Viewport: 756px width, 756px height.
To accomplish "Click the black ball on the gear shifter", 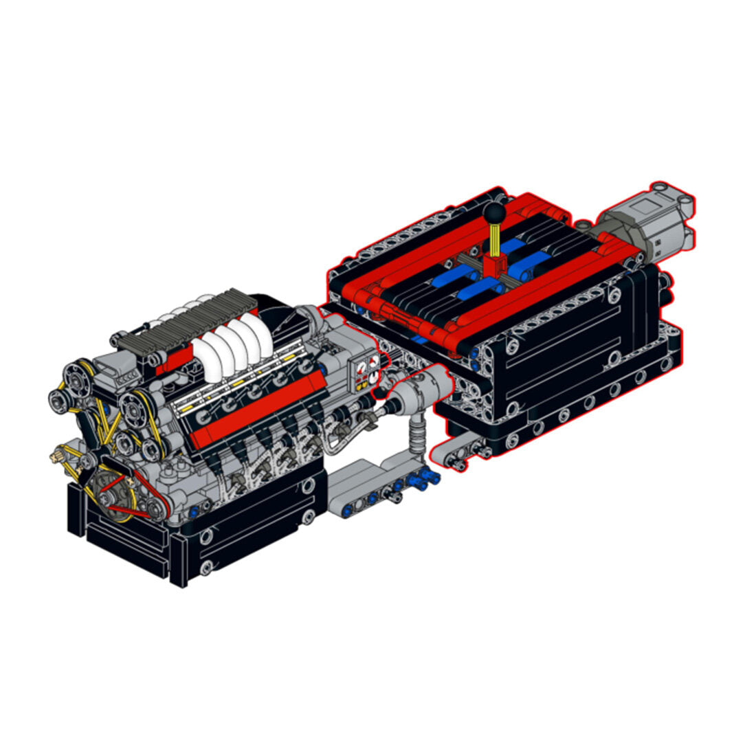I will click(493, 213).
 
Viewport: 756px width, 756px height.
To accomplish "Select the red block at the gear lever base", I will click(494, 264).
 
